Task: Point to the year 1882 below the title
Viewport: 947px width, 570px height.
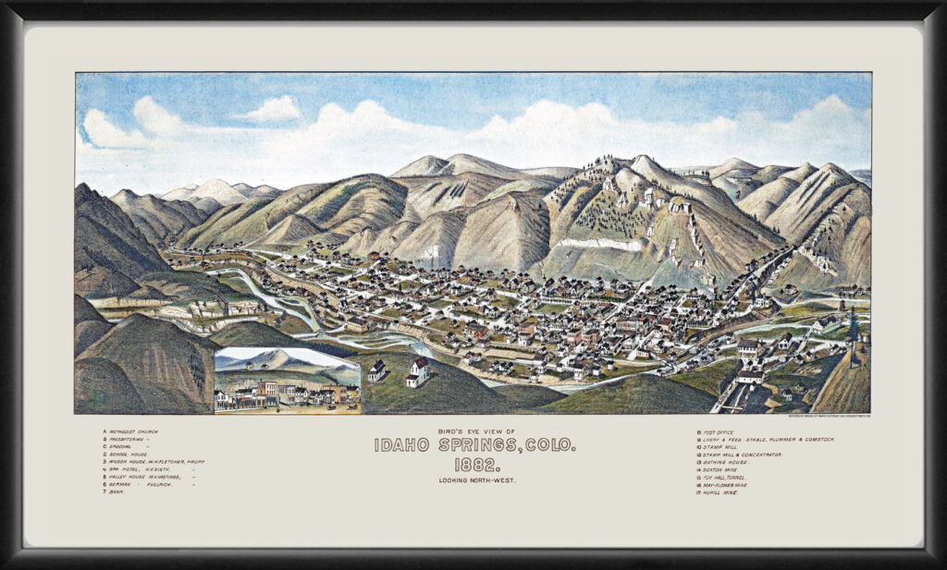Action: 473,464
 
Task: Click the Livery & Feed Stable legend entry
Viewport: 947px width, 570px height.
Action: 768,439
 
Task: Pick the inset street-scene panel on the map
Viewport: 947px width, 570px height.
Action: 287,380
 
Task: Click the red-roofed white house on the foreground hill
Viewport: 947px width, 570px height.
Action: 418,371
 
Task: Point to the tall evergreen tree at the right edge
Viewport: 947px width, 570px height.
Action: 852,328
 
